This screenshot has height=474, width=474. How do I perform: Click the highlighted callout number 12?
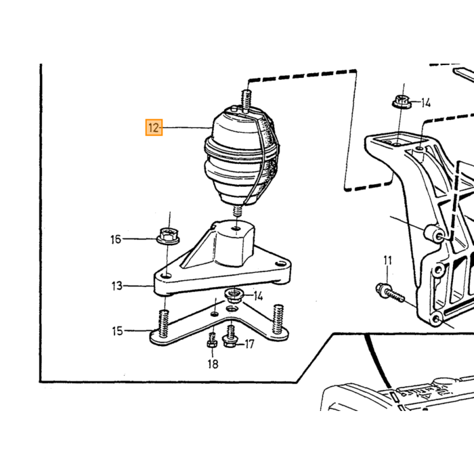(154, 127)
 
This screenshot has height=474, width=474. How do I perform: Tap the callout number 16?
(116, 240)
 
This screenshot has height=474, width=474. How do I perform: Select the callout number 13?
(117, 286)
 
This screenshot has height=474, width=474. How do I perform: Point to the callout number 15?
(118, 331)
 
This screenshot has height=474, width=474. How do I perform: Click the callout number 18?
(213, 364)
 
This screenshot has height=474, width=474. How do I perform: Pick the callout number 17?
(249, 344)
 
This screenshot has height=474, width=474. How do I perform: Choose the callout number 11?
(387, 261)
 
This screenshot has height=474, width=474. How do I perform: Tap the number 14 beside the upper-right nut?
(426, 103)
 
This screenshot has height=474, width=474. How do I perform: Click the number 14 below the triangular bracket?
(258, 296)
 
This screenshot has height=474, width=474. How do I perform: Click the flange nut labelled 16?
(168, 236)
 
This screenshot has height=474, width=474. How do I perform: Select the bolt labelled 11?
(390, 292)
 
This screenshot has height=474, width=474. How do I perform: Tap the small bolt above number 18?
(212, 340)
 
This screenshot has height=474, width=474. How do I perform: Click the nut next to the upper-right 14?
(402, 102)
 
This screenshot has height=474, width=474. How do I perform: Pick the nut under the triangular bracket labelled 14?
(233, 295)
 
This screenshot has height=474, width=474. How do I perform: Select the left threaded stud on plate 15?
(164, 324)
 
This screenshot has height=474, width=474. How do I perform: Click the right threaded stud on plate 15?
(278, 319)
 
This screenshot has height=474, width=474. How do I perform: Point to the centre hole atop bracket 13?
(237, 228)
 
